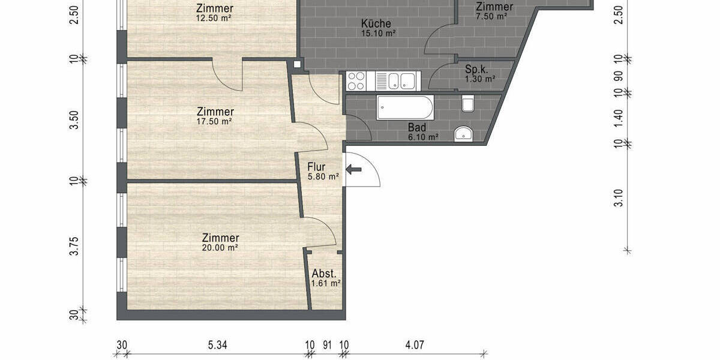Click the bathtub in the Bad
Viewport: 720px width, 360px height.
pyautogui.click(x=405, y=108)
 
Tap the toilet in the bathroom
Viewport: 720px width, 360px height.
pyautogui.click(x=469, y=104)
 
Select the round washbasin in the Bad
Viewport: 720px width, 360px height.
pyautogui.click(x=462, y=133)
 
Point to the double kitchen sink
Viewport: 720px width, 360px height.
pyautogui.click(x=401, y=80)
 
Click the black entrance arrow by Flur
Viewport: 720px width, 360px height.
pyautogui.click(x=354, y=170)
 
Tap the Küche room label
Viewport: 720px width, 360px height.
pyautogui.click(x=376, y=24)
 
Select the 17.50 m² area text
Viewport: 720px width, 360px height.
pyautogui.click(x=215, y=121)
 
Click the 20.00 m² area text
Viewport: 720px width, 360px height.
pyautogui.click(x=220, y=247)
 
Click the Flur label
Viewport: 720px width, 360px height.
pyautogui.click(x=317, y=167)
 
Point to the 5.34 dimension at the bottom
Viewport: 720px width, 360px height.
pyautogui.click(x=218, y=345)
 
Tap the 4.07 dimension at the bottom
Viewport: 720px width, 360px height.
pyautogui.click(x=415, y=345)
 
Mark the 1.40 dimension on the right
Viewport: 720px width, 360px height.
pyautogui.click(x=619, y=118)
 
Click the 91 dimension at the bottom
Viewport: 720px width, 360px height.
pyautogui.click(x=327, y=345)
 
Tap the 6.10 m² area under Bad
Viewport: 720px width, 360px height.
pyautogui.click(x=424, y=137)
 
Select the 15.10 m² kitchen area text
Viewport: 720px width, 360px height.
pyautogui.click(x=378, y=34)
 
